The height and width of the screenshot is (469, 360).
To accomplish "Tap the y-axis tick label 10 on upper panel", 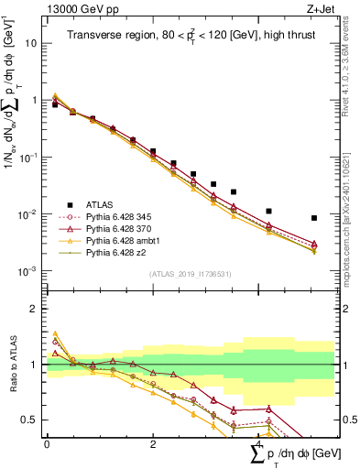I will click(31, 43).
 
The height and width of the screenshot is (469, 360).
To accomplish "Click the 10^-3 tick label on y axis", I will click(29, 271).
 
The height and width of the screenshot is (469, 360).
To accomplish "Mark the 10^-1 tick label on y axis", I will click(29, 158).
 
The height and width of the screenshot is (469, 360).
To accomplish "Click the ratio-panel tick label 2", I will click(34, 309).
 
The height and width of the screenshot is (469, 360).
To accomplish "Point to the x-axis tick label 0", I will click(47, 443).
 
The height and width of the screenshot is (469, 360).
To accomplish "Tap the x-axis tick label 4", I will click(258, 443).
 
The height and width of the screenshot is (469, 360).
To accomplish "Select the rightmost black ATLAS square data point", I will click(314, 218).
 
